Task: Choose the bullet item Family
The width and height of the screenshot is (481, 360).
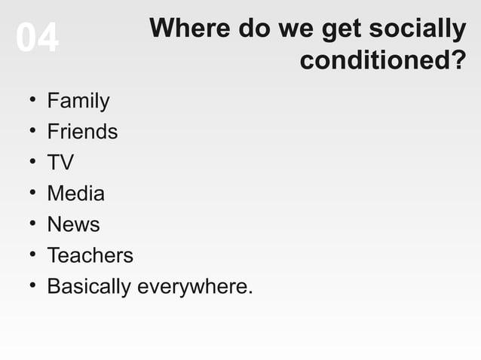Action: tap(78, 101)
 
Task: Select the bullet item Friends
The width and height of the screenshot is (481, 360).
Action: tap(82, 132)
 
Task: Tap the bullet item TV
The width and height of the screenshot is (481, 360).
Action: tap(60, 163)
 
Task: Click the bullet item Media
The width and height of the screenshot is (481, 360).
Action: tap(75, 194)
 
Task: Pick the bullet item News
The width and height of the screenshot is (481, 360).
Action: tap(73, 224)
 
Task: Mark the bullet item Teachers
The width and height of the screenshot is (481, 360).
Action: tap(90, 255)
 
